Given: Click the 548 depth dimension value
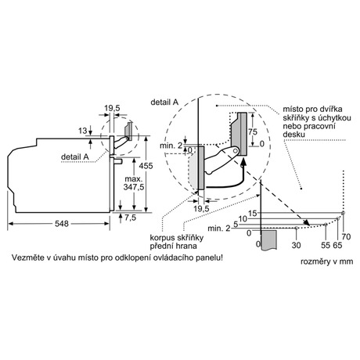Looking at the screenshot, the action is coord(62,224).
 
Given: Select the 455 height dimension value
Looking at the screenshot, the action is coord(146,166).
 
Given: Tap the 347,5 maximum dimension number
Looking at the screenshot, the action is coord(134,187).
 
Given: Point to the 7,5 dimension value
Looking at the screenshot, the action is coord(130,218).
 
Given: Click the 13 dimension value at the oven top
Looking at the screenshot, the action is coord(83,131).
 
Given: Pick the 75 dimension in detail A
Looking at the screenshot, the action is coord(253,131).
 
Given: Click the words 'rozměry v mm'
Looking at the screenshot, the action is coord(327,261).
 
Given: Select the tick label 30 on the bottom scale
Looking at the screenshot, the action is coord(296,245).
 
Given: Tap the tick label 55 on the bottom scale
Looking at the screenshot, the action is coord(326,245).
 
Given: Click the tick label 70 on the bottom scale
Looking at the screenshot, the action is coord(346,237).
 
